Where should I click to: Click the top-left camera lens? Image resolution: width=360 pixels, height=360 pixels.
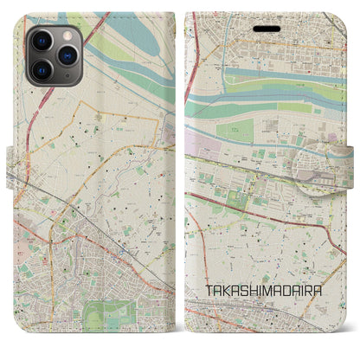pos(41,42)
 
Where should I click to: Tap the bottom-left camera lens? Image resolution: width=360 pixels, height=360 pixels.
pos(41,69)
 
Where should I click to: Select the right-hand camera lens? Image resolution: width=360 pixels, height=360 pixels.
pos(65,55)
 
